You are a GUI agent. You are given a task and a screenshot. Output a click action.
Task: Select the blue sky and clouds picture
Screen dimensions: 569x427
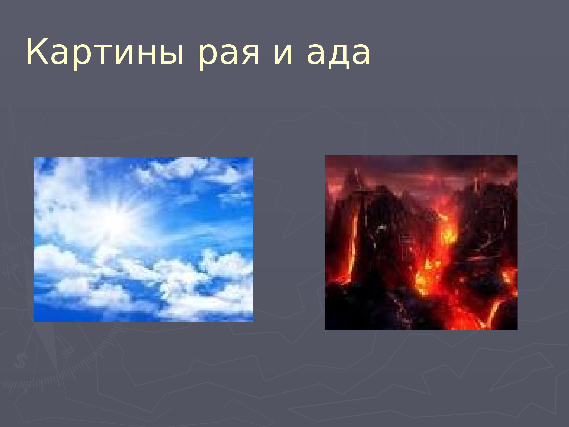[x=143, y=240]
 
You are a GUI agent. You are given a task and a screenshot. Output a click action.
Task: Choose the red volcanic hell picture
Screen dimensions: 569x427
[x=421, y=242]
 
